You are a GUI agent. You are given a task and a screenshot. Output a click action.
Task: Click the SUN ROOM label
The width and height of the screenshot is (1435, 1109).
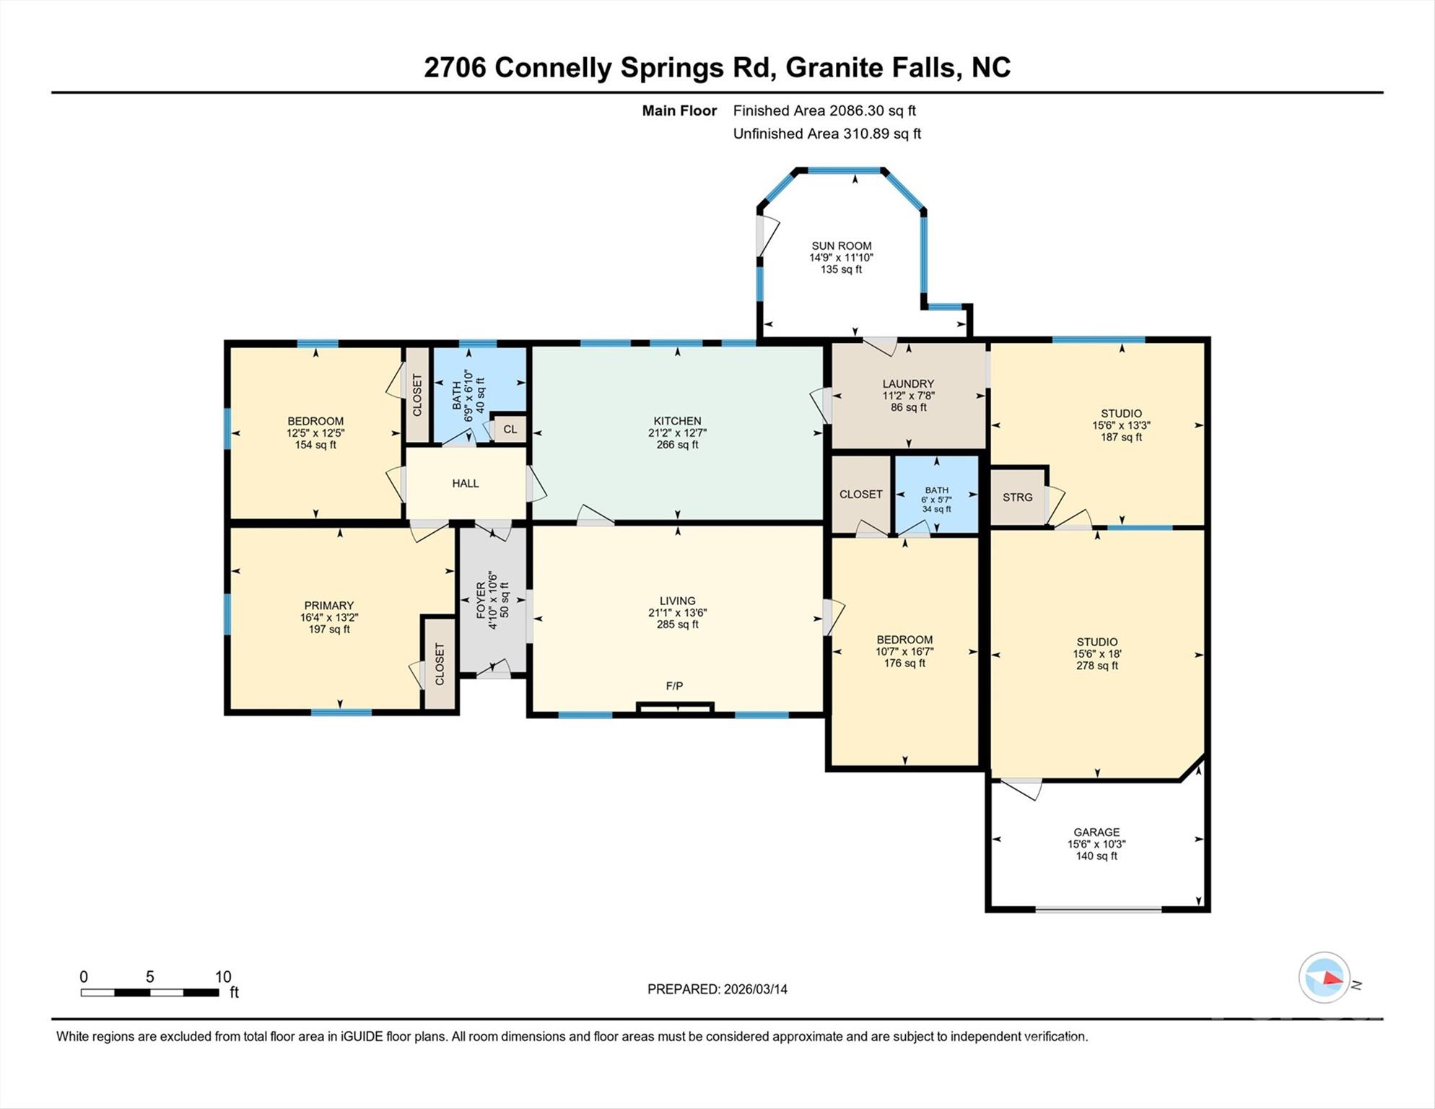[841, 245]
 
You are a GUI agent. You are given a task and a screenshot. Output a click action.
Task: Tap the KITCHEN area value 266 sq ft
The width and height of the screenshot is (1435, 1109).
[677, 445]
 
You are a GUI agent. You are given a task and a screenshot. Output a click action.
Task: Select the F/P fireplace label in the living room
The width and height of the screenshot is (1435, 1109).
[674, 686]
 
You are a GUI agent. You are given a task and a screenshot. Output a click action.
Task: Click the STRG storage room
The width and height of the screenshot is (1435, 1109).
[1017, 497]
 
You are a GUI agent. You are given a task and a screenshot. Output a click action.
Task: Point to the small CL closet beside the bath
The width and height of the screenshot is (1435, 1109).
[510, 429]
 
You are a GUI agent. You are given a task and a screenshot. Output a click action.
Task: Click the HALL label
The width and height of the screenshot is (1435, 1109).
[466, 483]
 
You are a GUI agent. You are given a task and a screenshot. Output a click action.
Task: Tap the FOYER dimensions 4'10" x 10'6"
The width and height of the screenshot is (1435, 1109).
[493, 600]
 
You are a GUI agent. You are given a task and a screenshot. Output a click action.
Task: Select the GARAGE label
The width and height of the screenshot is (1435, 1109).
[1096, 832]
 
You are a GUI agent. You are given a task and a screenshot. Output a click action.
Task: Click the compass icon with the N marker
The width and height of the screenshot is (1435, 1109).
[1325, 978]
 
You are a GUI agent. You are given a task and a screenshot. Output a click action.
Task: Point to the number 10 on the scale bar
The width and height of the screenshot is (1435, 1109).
[223, 977]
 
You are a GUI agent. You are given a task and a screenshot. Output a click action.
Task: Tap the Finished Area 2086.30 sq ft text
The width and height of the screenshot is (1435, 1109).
[824, 110]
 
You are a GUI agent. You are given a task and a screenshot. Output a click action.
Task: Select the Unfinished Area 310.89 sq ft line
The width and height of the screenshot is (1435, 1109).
[826, 134]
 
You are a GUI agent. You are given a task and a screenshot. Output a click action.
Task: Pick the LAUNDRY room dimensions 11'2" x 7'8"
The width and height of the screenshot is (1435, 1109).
[908, 396]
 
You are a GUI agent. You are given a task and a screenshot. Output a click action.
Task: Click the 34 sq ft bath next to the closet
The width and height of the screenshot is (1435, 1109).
[936, 508]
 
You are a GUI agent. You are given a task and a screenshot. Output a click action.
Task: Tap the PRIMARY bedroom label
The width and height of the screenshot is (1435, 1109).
[329, 605]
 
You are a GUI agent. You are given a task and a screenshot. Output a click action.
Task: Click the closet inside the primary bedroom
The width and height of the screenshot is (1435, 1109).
[440, 664]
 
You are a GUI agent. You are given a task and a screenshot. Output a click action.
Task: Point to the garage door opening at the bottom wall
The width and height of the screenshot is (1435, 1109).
[1098, 910]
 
